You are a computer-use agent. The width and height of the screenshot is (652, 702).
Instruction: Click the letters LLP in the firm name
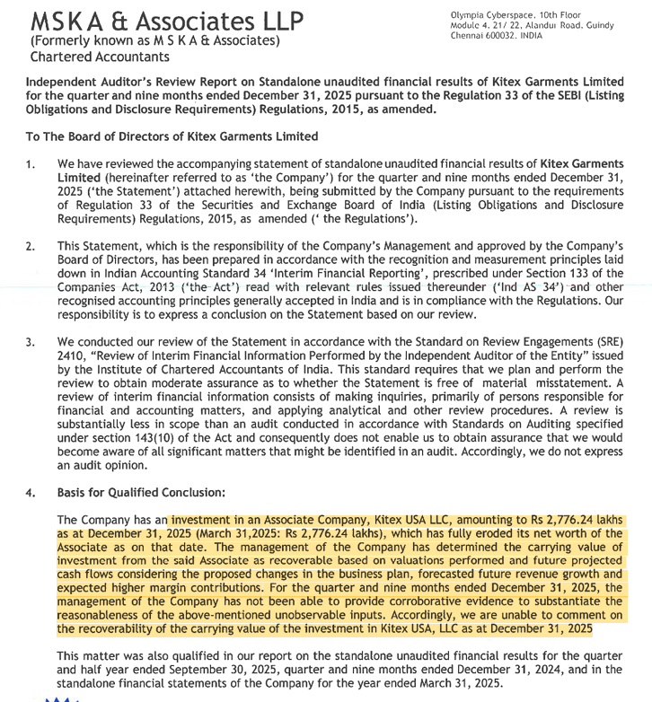pos(277,21)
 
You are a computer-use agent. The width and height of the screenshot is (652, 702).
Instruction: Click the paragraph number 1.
pos(30,165)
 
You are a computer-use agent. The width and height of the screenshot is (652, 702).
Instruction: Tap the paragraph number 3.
pos(30,343)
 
